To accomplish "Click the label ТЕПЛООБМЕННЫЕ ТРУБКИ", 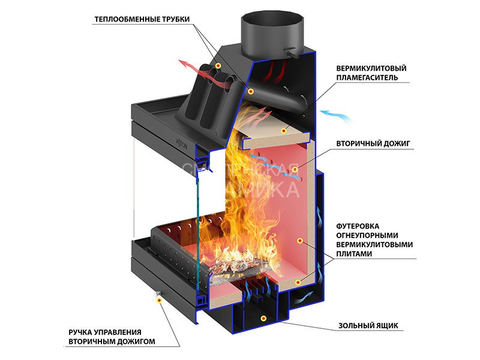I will click(x=142, y=19).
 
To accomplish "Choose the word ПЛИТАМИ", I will click(x=352, y=254).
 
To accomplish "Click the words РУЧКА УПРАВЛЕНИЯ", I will click(x=105, y=332).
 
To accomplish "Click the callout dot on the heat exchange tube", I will click(x=218, y=65).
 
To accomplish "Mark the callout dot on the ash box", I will click(x=262, y=317).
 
